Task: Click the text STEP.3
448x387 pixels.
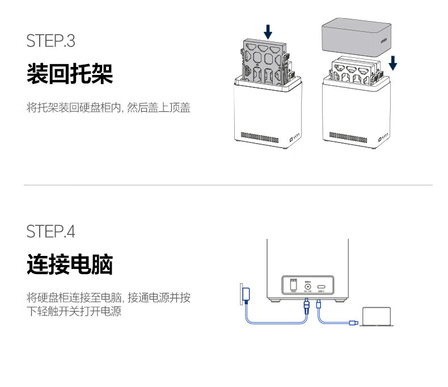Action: pyautogui.click(x=50, y=41)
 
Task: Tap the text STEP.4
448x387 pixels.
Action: pyautogui.click(x=50, y=232)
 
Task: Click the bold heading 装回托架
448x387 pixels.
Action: pyautogui.click(x=70, y=74)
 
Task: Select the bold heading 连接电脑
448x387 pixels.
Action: pyautogui.click(x=70, y=264)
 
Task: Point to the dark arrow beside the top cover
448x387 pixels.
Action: pyautogui.click(x=392, y=62)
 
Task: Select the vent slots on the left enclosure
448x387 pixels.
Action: pyautogui.click(x=260, y=136)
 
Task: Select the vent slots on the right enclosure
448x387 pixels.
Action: pyautogui.click(x=348, y=135)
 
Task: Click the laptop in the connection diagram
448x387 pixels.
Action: pyautogui.click(x=377, y=317)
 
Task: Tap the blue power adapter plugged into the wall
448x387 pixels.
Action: pyautogui.click(x=247, y=294)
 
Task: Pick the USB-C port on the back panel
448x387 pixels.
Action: pyautogui.click(x=322, y=285)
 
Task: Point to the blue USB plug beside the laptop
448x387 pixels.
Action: pyautogui.click(x=353, y=323)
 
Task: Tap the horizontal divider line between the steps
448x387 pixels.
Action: pyautogui.click(x=227, y=185)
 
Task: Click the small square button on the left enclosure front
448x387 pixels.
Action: pyautogui.click(x=293, y=137)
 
